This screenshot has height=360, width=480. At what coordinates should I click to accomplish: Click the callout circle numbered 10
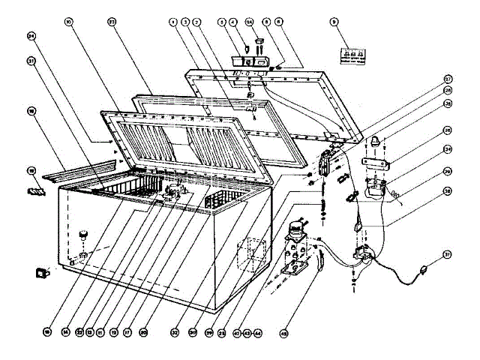[68, 23]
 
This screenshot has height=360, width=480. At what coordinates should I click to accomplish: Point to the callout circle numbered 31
[31, 61]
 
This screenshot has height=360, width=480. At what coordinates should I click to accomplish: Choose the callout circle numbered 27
[448, 79]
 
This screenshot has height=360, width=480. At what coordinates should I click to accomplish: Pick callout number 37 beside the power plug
[448, 255]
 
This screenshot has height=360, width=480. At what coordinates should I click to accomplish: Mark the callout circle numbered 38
[448, 190]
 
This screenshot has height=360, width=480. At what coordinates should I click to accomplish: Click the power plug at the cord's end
[424, 265]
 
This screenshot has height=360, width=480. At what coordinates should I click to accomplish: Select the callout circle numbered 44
[258, 331]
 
